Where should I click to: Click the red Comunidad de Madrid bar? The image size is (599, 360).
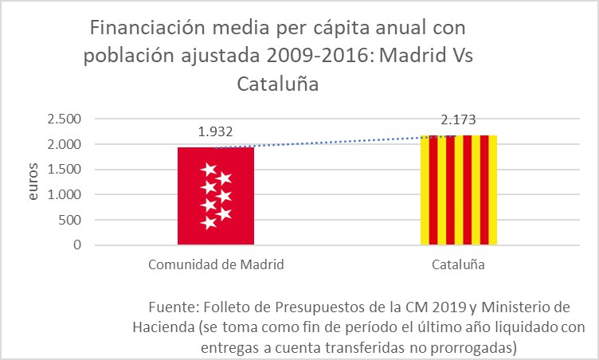216,196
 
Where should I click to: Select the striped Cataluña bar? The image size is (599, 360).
458,190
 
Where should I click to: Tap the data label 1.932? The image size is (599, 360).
215,132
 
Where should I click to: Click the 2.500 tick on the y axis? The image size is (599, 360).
65,119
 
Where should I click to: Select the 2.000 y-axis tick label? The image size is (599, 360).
65,144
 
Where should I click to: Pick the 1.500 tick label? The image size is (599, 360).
65,170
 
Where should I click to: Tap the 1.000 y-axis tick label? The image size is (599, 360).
65,194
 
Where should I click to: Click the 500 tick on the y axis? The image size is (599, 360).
72,220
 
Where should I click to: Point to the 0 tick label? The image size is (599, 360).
78,245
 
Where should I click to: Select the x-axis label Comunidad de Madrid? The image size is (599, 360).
216,264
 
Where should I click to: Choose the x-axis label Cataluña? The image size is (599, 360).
458,264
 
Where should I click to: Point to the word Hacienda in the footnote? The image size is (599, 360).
163,327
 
